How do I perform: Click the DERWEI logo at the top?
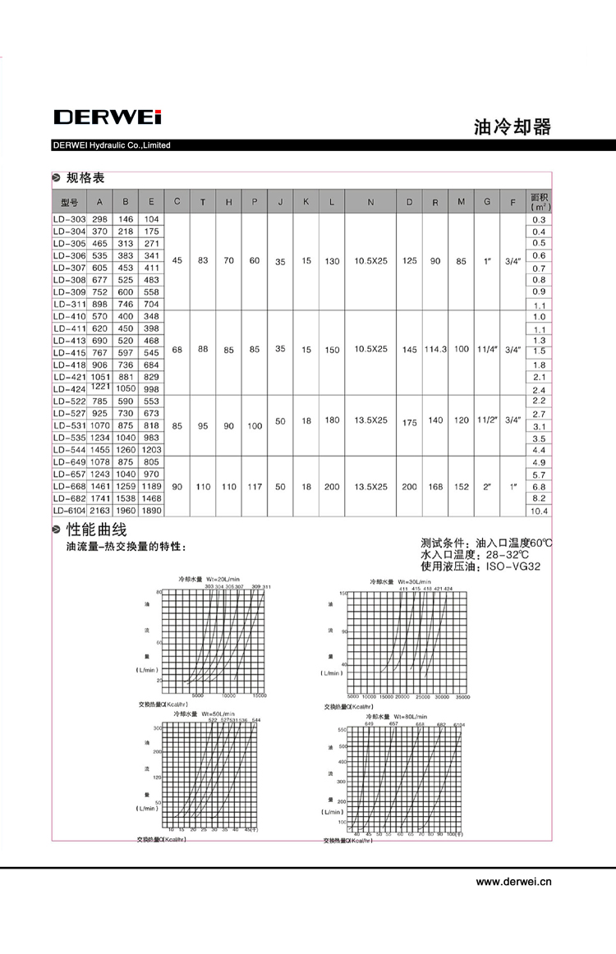[x=108, y=117]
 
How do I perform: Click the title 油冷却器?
[x=512, y=127]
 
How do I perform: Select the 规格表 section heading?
[x=85, y=177]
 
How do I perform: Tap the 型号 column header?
[x=69, y=202]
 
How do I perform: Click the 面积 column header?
[x=539, y=201]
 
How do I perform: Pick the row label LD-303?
[x=69, y=220]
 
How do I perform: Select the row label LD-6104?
[x=69, y=511]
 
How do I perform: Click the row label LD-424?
[x=69, y=389]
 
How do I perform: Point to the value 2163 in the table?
[x=100, y=511]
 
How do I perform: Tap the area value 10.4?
[x=539, y=511]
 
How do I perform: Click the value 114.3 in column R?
[x=435, y=349]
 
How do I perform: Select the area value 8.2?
[x=539, y=498]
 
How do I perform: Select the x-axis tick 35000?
[x=462, y=697]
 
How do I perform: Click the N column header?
[x=370, y=202]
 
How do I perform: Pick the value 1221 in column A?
[x=100, y=386]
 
